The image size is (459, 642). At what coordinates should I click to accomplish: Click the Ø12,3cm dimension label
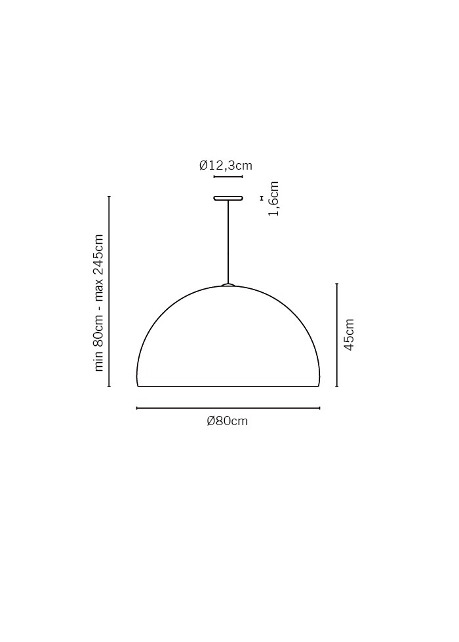226,165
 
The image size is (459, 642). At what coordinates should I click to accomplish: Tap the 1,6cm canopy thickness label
273,199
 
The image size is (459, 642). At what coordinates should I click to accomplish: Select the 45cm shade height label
349,335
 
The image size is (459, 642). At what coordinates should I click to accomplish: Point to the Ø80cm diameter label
228,421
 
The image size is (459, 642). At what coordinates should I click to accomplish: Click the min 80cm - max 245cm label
99,303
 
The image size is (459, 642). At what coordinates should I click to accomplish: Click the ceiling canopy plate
228,198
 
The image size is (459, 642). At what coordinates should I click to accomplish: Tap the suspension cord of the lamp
228,242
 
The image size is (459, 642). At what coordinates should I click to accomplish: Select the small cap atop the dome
228,284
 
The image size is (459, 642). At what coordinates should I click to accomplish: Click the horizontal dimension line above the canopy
228,177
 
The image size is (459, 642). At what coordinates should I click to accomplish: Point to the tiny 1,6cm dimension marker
261,198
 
